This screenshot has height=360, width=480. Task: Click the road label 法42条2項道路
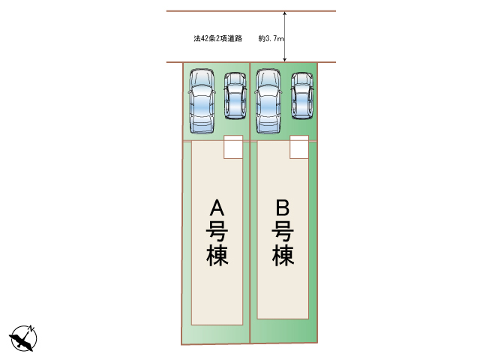click(218, 38)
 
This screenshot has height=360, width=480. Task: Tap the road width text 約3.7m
click(271, 38)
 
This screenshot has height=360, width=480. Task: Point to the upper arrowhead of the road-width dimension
click(285, 13)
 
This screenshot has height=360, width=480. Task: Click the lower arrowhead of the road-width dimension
click(285, 60)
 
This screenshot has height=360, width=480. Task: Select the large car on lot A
click(202, 101)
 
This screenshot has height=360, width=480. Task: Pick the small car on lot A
click(235, 95)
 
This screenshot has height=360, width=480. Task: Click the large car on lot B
click(268, 101)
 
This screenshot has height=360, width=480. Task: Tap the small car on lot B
click(302, 95)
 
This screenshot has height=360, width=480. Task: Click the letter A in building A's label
click(217, 208)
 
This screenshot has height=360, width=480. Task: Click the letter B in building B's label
click(283, 208)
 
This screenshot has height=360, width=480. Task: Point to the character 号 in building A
click(217, 231)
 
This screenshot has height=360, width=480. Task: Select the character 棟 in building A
click(217, 255)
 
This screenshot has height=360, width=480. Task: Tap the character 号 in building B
click(283, 231)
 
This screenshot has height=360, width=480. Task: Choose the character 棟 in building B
click(283, 255)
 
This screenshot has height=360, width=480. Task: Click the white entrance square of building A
click(233, 147)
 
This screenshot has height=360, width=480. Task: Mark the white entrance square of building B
click(299, 147)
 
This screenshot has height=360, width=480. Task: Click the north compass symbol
click(23, 338)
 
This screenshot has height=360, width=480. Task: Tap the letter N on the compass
click(31, 328)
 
